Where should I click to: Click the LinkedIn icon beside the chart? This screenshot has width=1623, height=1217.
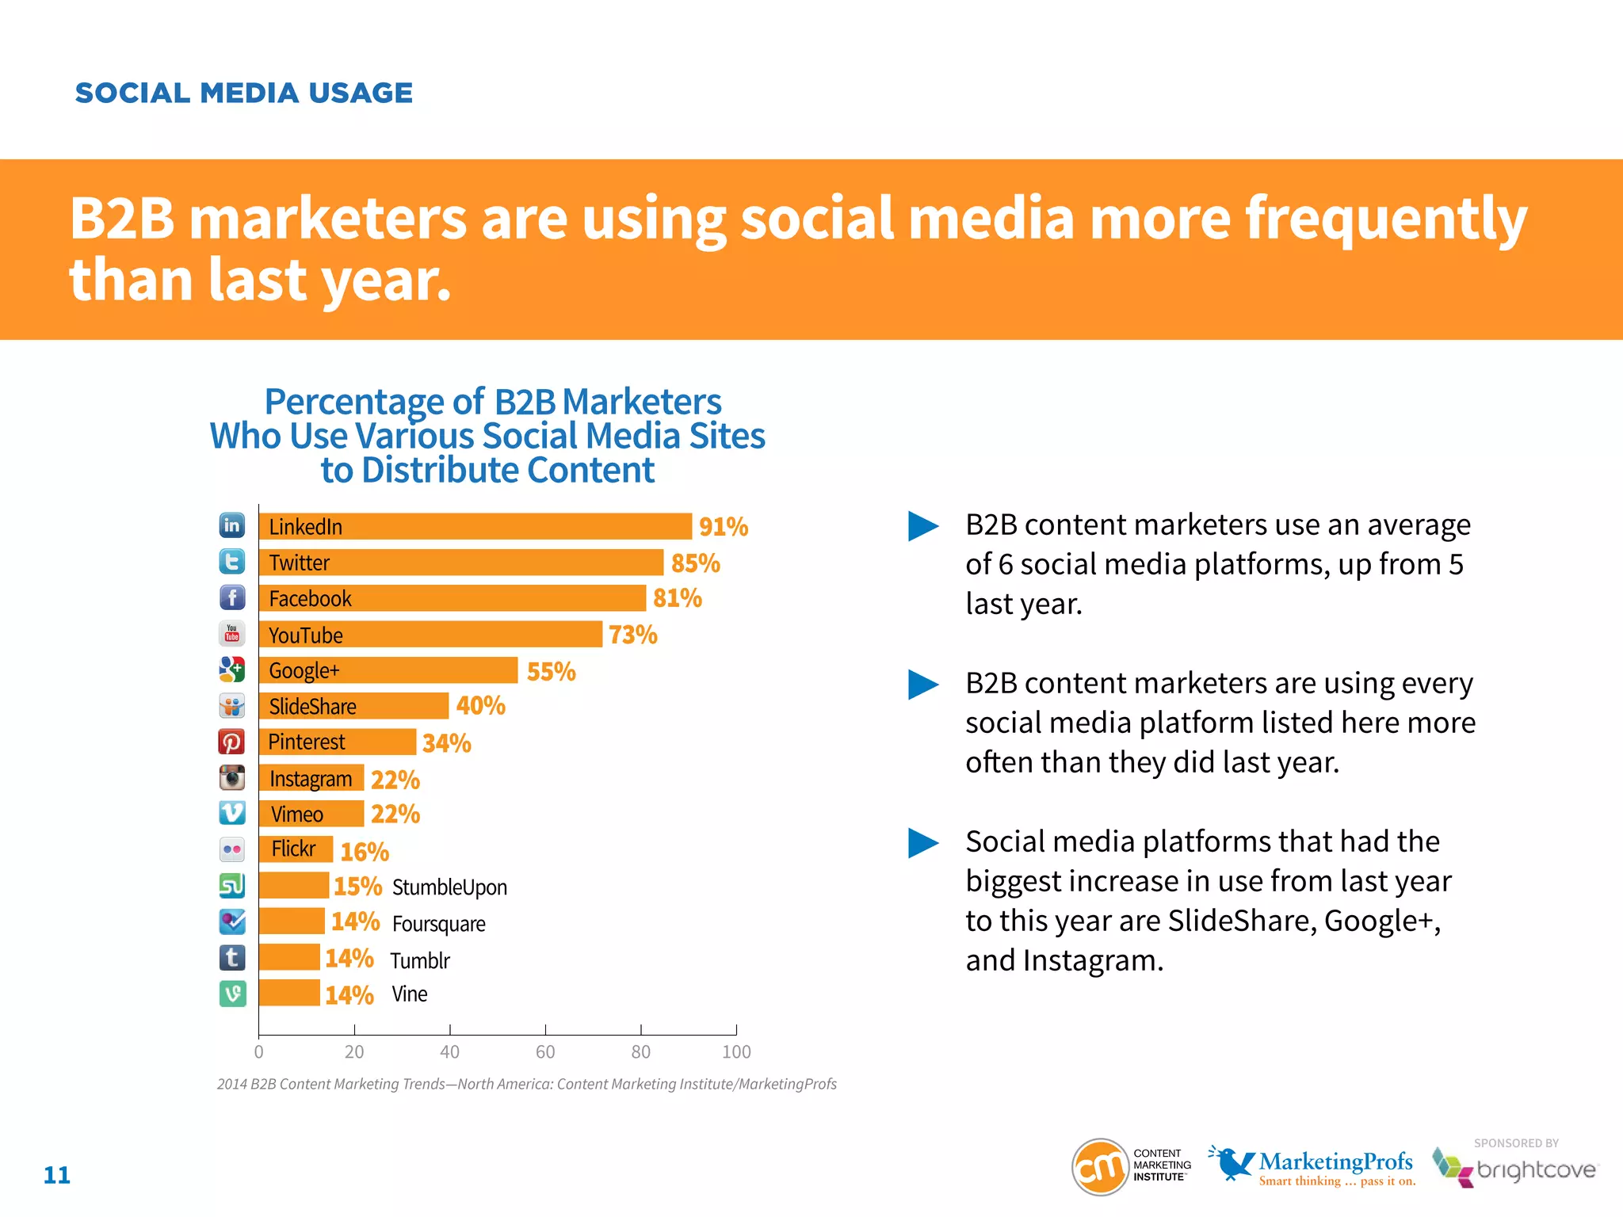pyautogui.click(x=231, y=525)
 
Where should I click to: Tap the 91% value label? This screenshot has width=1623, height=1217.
pyautogui.click(x=723, y=527)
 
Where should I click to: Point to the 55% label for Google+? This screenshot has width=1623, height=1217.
pyautogui.click(x=551, y=672)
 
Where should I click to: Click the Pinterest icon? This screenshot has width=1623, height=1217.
pyautogui.click(x=231, y=742)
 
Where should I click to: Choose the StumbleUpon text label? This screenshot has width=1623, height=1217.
pyautogui.click(x=449, y=887)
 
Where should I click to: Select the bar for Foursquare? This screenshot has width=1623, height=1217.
pyautogui.click(x=292, y=921)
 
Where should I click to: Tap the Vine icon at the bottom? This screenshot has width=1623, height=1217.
pyautogui.click(x=232, y=994)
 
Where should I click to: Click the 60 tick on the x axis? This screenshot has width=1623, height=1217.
pyautogui.click(x=545, y=1051)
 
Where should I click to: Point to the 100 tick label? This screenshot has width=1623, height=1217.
pyautogui.click(x=736, y=1051)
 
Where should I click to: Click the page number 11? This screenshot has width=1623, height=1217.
pyautogui.click(x=56, y=1175)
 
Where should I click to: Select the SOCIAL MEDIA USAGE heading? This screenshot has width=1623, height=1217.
pyautogui.click(x=243, y=93)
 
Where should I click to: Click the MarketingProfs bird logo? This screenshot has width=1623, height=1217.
pyautogui.click(x=1231, y=1163)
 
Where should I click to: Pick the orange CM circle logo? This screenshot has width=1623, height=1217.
pyautogui.click(x=1100, y=1167)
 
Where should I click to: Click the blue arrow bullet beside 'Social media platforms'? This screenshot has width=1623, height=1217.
pyautogui.click(x=922, y=842)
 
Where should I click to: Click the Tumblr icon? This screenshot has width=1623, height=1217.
pyautogui.click(x=232, y=958)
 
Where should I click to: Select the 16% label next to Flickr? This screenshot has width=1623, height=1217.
pyautogui.click(x=365, y=852)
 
